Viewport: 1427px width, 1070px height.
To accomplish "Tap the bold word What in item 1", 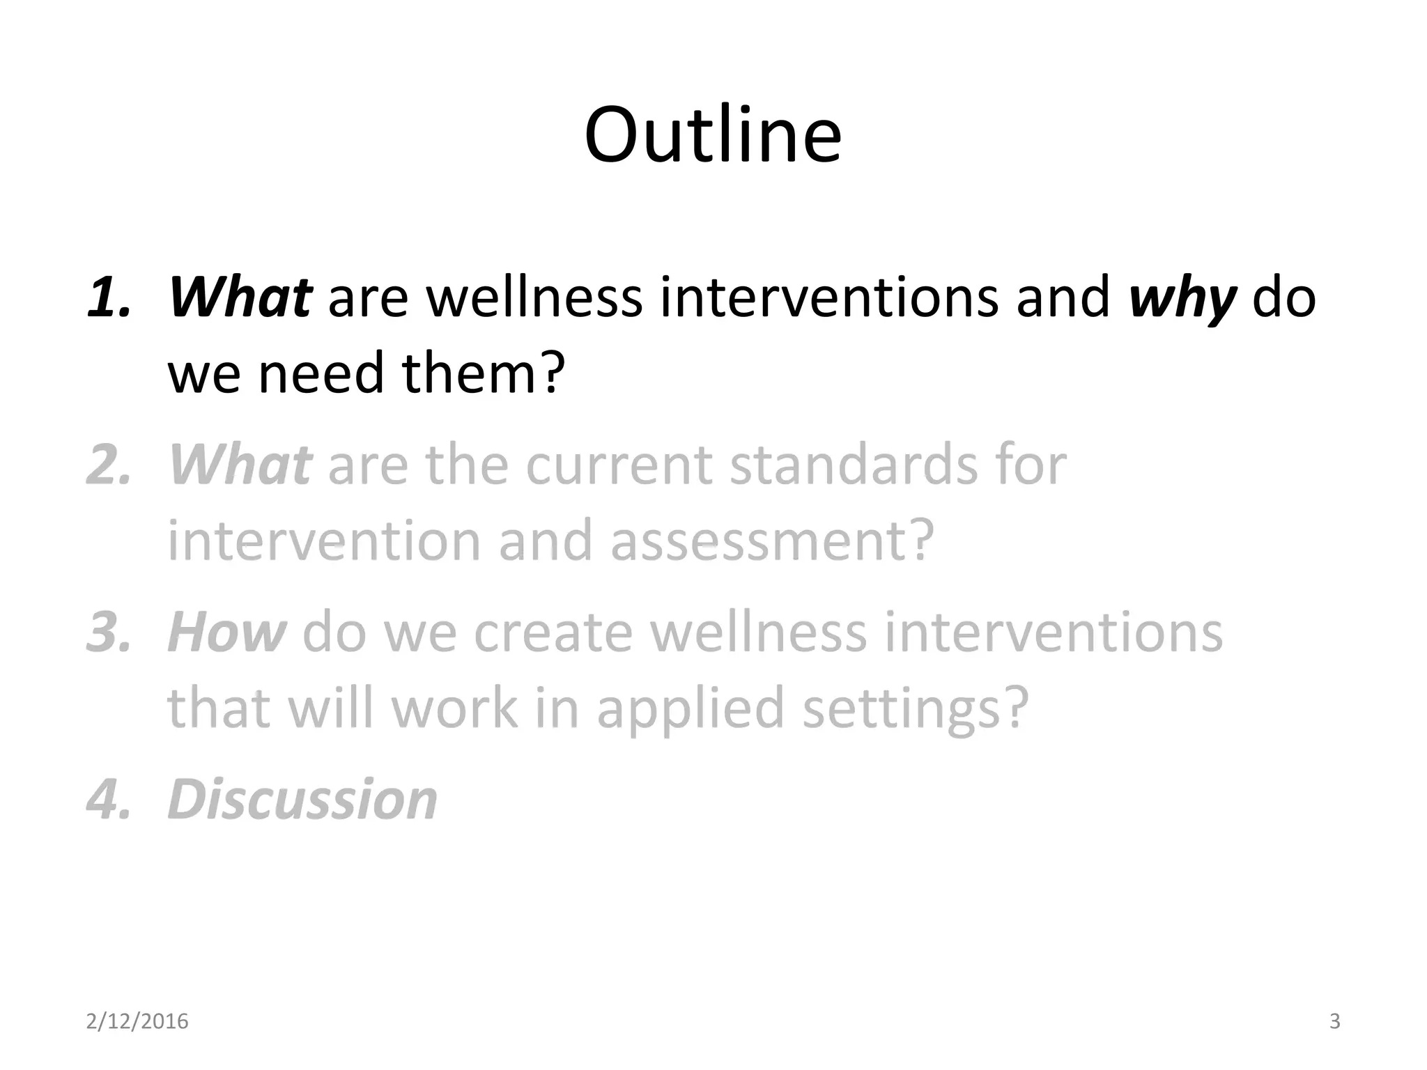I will [x=240, y=298].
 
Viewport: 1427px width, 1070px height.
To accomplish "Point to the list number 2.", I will [x=109, y=465].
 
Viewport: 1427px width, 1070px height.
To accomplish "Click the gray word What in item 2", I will [x=240, y=465].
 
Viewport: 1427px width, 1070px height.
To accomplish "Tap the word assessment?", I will [x=771, y=541].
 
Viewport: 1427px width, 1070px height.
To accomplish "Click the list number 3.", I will [x=109, y=633].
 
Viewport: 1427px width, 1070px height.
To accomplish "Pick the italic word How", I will [x=226, y=633].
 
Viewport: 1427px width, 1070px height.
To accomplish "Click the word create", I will [x=554, y=633].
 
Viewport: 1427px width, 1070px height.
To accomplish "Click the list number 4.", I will [x=109, y=800].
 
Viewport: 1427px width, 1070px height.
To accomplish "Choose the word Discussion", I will [x=302, y=800].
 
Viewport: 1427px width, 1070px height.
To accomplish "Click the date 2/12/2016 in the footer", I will [x=137, y=1022].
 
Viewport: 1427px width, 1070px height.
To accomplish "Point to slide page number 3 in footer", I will [x=1334, y=1022].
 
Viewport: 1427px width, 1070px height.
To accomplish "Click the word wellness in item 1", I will [x=534, y=298].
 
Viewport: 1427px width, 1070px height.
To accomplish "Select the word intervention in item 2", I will [x=324, y=541].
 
